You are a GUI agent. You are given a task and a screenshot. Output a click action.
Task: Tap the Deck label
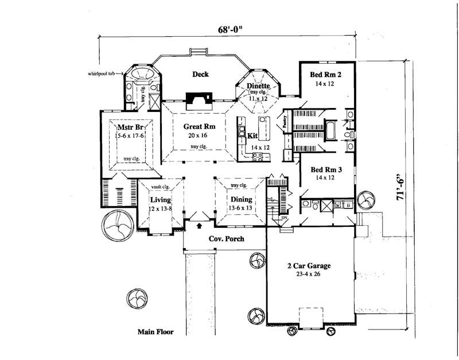coord(200,74)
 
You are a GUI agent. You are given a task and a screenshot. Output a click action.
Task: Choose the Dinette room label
coord(258,87)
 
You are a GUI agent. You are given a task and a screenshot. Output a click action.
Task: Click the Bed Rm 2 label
coord(325,75)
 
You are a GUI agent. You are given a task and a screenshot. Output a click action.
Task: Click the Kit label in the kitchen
coord(252,136)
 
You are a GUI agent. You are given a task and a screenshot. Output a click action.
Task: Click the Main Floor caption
coord(155,332)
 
